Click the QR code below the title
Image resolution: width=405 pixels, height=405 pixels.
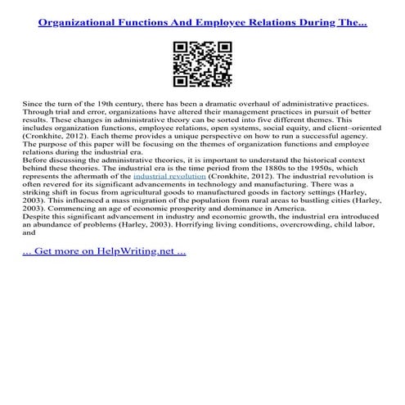pyautogui.click(x=202, y=61)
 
